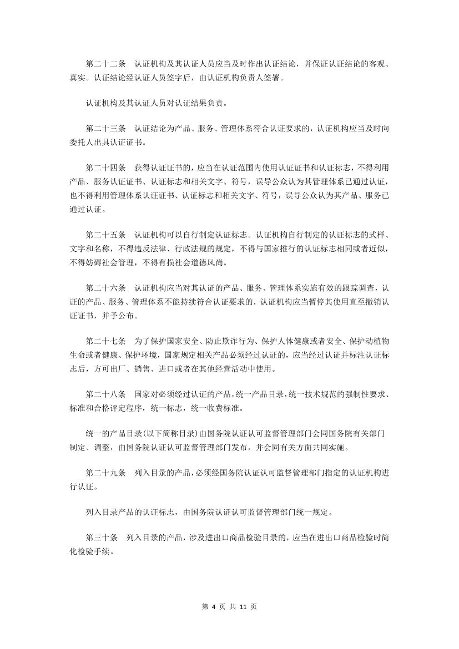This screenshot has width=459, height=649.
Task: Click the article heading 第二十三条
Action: tap(106, 129)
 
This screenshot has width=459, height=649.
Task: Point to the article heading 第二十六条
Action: tap(106, 287)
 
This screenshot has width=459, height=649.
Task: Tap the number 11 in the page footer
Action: tap(243, 606)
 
